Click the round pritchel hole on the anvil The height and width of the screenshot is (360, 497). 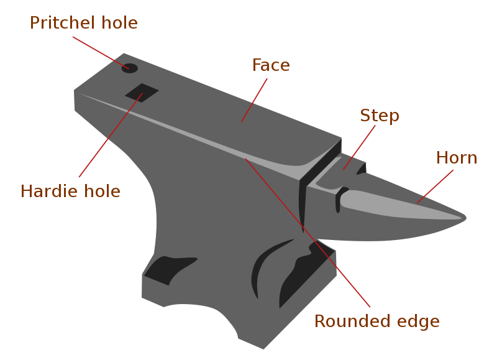click(130, 68)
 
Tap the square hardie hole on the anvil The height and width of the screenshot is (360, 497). click(142, 93)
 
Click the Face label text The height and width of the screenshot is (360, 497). click(271, 65)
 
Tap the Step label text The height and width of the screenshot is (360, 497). click(380, 116)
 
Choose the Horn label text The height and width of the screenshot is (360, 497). click(457, 158)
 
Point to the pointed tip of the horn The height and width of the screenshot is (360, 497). click(466, 218)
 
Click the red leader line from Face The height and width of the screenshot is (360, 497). click(254, 100)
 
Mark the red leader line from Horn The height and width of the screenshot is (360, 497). click(435, 187)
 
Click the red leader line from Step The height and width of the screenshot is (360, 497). click(359, 147)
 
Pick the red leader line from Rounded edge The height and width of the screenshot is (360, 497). click(308, 233)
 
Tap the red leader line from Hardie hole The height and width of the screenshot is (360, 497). click(111, 135)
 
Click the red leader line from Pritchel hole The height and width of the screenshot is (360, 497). click(101, 53)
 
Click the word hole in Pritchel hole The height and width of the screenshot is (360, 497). click(119, 23)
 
